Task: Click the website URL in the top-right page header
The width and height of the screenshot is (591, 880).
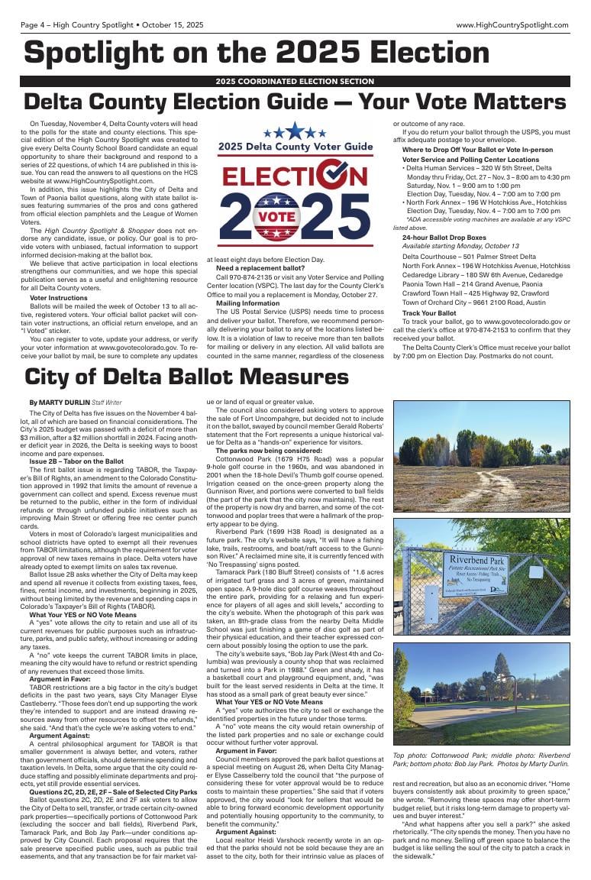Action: [x=512, y=25]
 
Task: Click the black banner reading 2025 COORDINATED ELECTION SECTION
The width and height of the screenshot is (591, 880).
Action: [x=295, y=81]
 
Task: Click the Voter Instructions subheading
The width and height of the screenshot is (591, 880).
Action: [x=58, y=298]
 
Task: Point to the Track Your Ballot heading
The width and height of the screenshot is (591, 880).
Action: [x=429, y=313]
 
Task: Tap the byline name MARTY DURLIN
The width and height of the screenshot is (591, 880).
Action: [x=63, y=402]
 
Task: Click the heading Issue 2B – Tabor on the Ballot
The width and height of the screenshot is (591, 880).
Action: [x=76, y=461]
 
